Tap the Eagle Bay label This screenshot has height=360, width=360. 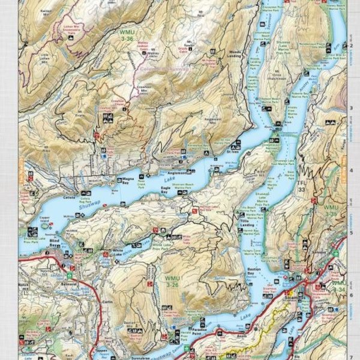click(165, 189)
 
